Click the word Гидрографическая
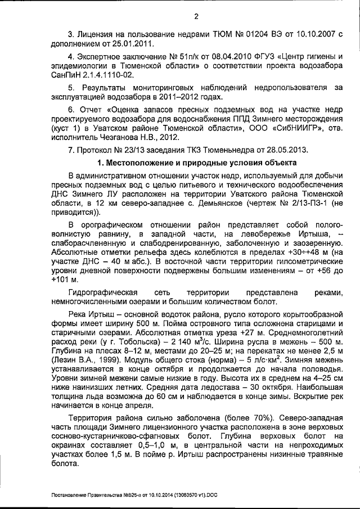[x=103, y=293]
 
